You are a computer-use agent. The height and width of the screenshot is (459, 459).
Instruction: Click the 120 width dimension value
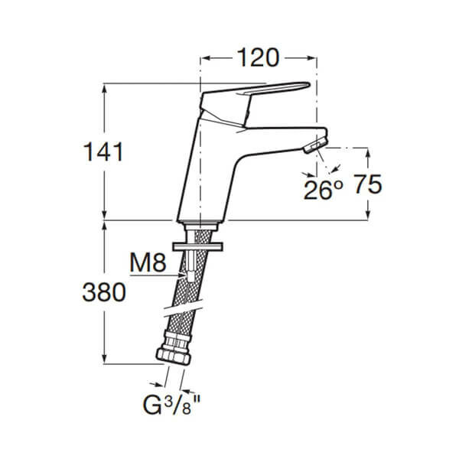coord(258,57)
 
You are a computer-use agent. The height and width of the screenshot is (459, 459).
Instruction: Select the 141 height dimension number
coord(103,151)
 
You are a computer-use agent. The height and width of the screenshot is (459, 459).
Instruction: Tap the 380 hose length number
coord(104,292)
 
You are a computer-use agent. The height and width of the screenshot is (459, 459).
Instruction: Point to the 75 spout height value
coord(368,184)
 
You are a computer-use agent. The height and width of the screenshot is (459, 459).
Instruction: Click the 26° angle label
coord(323,190)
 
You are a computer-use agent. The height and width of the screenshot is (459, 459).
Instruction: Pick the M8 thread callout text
coord(148,262)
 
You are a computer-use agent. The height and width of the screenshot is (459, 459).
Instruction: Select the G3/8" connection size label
coord(171,405)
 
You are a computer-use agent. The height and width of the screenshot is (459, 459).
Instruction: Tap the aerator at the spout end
coord(316,145)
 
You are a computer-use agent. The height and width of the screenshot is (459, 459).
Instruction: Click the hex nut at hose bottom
coord(174,356)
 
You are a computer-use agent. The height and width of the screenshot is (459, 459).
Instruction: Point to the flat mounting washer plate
coord(198,247)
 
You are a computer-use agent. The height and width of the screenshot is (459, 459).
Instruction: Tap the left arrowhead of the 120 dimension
coord(206,58)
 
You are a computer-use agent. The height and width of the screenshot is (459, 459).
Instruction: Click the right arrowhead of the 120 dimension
coord(311,58)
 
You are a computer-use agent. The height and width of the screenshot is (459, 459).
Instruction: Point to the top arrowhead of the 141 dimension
coord(105,89)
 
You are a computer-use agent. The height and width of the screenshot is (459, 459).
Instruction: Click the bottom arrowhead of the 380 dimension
coord(105,359)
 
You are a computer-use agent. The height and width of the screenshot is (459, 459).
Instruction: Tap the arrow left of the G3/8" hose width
coord(158,385)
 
